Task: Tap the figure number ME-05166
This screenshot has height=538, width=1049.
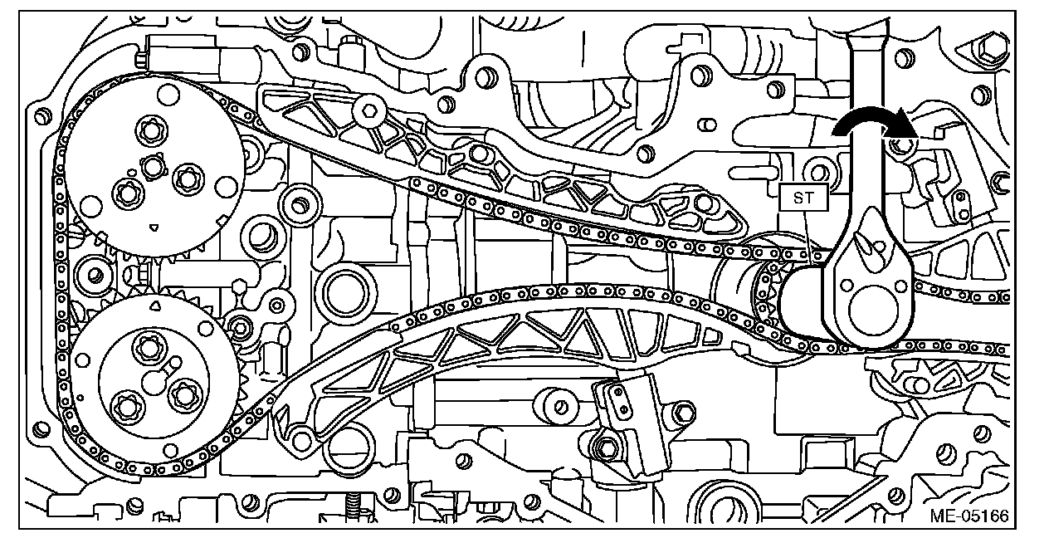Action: coord(967,516)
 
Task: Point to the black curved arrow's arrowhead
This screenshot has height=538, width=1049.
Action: coord(902,126)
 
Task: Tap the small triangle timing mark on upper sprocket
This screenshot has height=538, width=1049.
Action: coord(153,225)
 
